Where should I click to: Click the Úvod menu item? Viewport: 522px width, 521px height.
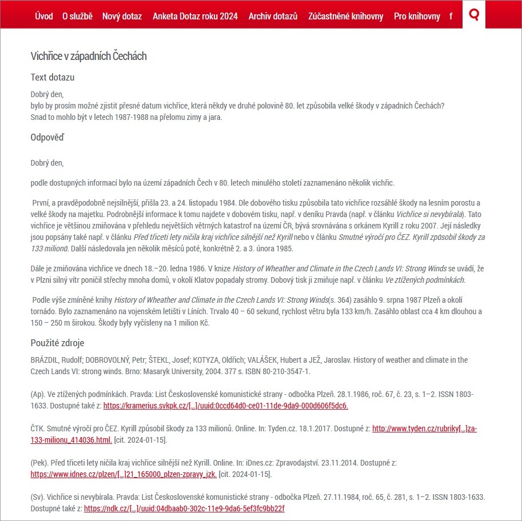43,16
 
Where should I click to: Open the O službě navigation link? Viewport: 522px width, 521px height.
77,16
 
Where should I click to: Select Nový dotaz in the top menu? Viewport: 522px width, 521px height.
122,16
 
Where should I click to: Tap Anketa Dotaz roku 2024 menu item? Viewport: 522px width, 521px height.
195,16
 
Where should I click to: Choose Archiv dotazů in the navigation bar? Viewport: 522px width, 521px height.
273,16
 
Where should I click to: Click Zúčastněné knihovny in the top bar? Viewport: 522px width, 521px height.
345,16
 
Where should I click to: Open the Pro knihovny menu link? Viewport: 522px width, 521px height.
417,16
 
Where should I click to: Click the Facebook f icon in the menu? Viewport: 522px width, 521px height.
451,16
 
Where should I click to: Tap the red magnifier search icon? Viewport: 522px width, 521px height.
473,14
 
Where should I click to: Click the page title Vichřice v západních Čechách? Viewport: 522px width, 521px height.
89,56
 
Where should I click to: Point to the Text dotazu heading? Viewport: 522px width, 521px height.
53,77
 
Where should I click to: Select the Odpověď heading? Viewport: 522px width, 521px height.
47,137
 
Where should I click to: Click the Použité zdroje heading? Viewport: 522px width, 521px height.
57,343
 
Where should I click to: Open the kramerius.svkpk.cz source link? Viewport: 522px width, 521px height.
225,406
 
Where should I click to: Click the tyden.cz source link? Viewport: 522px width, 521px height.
424,428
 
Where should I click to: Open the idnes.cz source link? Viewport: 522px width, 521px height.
123,474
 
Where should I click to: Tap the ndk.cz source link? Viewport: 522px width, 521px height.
184,508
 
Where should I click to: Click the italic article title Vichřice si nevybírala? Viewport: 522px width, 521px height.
431,214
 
